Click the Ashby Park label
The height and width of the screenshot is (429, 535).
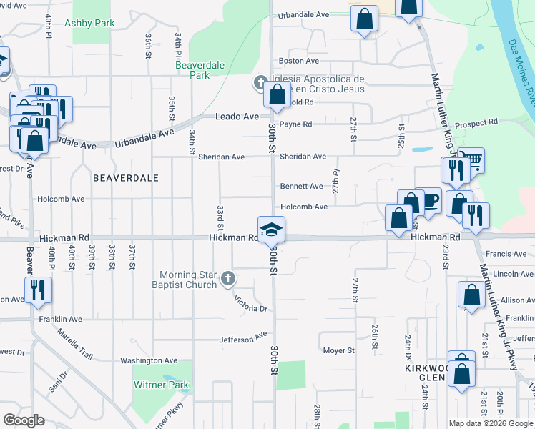tap(89, 23)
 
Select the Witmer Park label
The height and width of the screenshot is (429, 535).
tap(161, 385)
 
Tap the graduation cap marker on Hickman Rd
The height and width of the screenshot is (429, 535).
tap(271, 230)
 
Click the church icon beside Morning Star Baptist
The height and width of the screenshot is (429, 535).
tap(227, 278)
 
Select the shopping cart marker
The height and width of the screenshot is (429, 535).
tap(471, 159)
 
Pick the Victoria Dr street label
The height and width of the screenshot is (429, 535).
tap(252, 309)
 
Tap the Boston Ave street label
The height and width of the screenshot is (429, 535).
tap(299, 61)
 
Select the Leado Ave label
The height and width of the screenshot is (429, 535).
tap(242, 117)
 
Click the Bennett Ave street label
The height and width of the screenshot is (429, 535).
tap(301, 187)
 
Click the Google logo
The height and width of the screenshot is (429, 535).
tap(24, 420)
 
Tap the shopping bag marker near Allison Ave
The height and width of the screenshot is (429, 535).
tap(471, 295)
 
